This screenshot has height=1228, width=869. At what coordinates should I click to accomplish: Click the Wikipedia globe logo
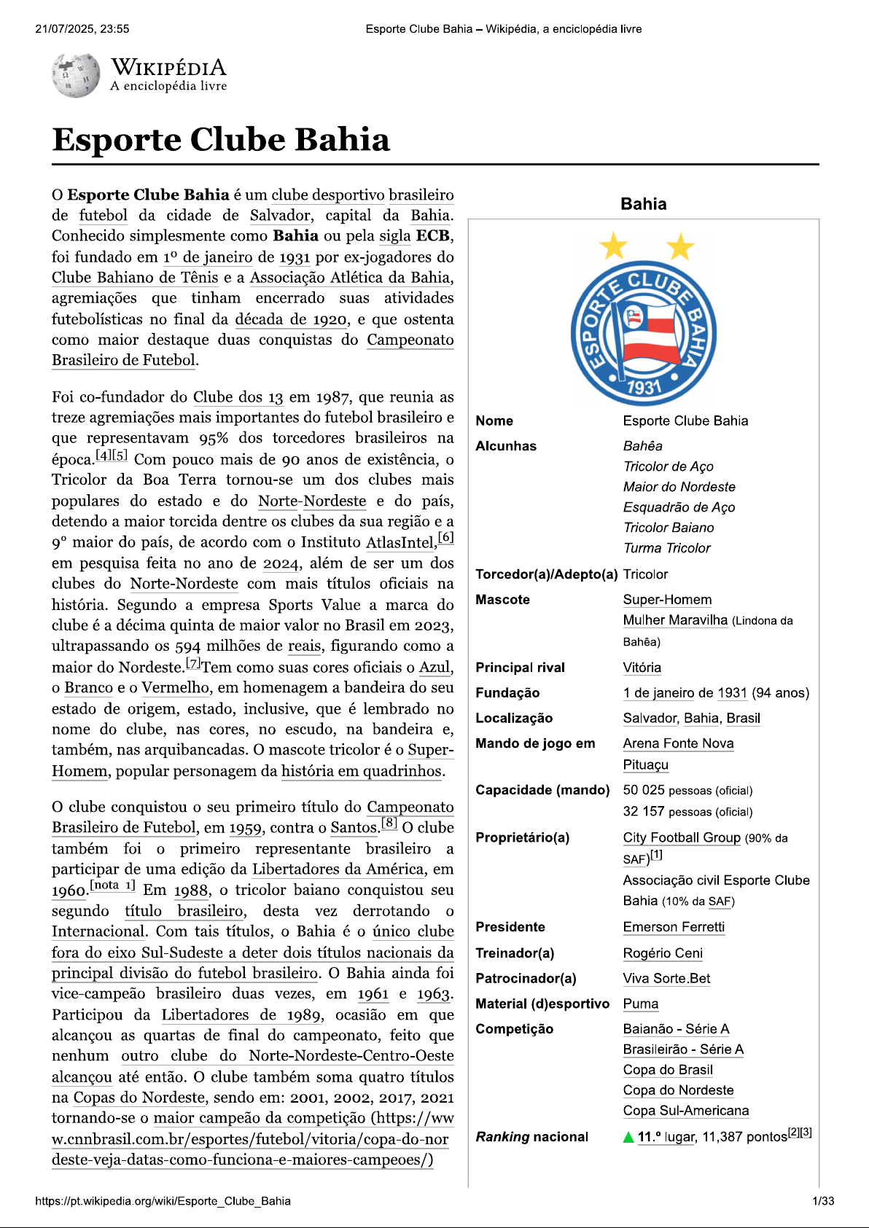pos(75,74)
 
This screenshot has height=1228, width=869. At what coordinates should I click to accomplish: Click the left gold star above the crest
pos(613,246)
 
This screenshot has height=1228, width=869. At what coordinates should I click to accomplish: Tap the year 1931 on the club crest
pos(643,386)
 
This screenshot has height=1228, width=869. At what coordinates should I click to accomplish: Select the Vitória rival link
pos(642,668)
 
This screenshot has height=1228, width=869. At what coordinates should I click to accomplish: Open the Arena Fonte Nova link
pos(678,743)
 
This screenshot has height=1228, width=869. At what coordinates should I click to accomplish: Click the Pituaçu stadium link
pos(645,764)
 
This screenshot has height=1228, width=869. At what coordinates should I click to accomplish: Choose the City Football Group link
pos(681,837)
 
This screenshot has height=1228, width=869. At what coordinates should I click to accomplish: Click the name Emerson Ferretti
pos(674,927)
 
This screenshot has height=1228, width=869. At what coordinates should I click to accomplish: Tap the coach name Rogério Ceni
pos(663,953)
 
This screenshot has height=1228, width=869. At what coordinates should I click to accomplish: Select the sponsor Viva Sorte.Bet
pos(666,979)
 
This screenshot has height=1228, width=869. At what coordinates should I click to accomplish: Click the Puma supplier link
pos(640,1004)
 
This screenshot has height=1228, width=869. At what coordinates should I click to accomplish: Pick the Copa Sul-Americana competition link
pos(685,1111)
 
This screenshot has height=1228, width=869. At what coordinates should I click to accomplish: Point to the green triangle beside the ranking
pos(628,1138)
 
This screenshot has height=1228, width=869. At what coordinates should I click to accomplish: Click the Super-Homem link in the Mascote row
pos(667,600)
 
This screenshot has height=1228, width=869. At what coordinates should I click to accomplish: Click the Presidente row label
pos(510,927)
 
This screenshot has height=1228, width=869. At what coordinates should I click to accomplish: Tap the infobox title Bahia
pos(643,204)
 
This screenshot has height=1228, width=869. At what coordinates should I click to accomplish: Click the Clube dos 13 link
pos(238,397)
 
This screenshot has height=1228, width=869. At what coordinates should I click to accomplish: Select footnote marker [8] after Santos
pos(389,824)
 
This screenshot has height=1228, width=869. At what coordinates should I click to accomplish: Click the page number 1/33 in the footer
pos(823,1201)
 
